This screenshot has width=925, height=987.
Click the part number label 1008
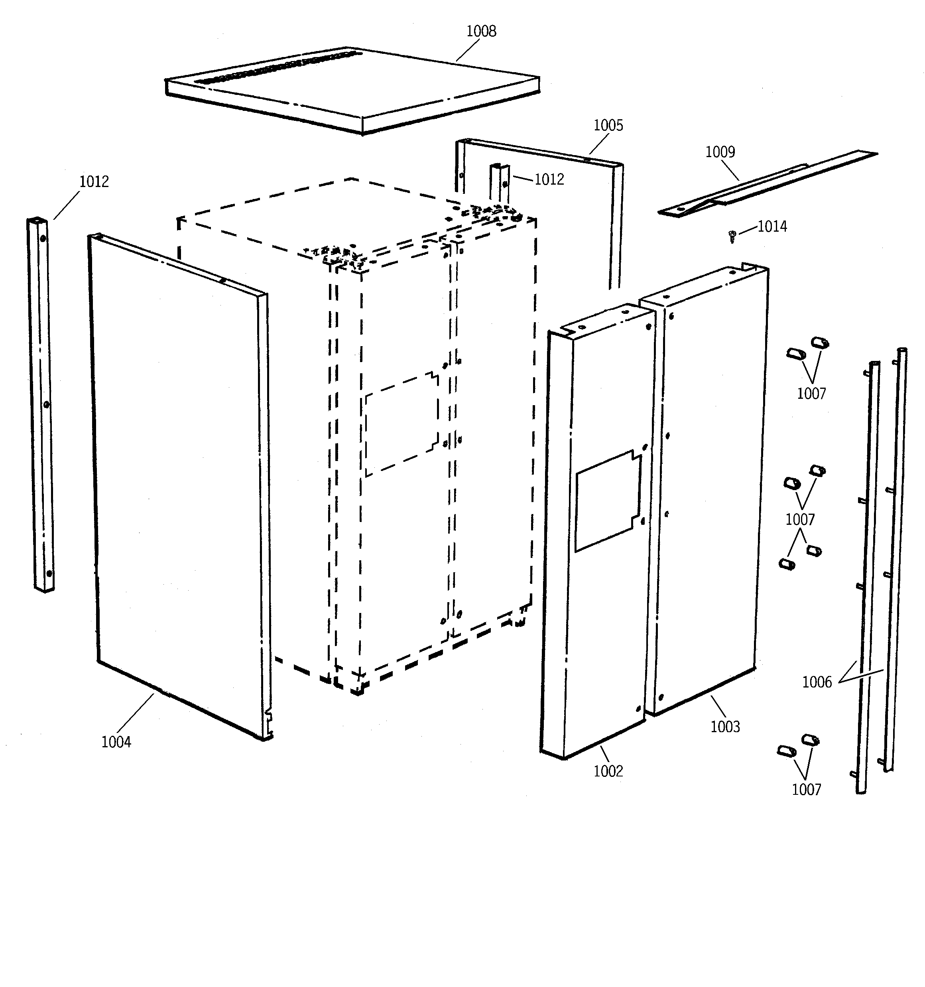coord(480,31)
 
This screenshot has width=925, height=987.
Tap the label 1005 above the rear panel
coord(608,126)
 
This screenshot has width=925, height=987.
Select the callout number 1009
coord(720,152)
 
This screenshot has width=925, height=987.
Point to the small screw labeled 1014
coord(731,236)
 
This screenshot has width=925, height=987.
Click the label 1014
coord(772,227)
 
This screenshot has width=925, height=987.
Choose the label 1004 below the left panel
coord(116,742)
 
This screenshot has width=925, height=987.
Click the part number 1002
coord(608,771)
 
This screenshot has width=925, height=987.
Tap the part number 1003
coord(725,727)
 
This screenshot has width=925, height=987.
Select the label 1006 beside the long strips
coord(817,682)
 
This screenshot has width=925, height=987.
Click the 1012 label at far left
coord(94,182)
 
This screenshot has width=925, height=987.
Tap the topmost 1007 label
coord(811,394)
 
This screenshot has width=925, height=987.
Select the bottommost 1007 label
coord(806,790)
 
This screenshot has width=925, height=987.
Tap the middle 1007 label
coord(800,520)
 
